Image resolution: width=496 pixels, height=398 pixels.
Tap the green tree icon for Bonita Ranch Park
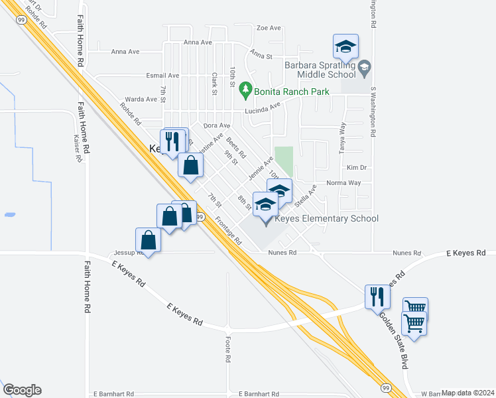(x=246, y=88)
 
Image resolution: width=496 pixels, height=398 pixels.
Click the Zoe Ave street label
(x=269, y=28)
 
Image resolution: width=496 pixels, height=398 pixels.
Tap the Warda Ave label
(x=141, y=99)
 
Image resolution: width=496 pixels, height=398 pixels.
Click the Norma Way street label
(x=343, y=182)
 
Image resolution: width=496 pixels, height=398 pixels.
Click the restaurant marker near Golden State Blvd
(x=377, y=296)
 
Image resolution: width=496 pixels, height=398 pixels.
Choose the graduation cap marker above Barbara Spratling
(x=345, y=46)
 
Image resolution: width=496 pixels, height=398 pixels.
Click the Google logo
(x=22, y=390)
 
